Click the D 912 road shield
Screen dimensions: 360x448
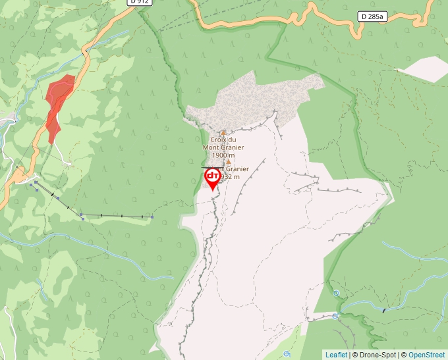[x=139, y=3]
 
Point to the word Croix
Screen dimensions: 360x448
[x=219, y=140]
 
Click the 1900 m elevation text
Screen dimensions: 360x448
[x=223, y=155]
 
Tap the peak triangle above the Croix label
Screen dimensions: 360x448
[x=223, y=132]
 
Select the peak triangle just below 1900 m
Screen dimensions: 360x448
[x=229, y=162]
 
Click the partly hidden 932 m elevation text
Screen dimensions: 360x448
[x=231, y=176]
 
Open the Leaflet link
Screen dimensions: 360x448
[x=336, y=355]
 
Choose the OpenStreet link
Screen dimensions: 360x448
[x=426, y=355]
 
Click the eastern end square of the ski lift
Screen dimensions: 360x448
[x=152, y=217]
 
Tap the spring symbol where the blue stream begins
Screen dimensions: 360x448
[x=336, y=293]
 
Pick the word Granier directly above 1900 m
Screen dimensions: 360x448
[x=232, y=147]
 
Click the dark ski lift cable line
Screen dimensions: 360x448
[x=112, y=215]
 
